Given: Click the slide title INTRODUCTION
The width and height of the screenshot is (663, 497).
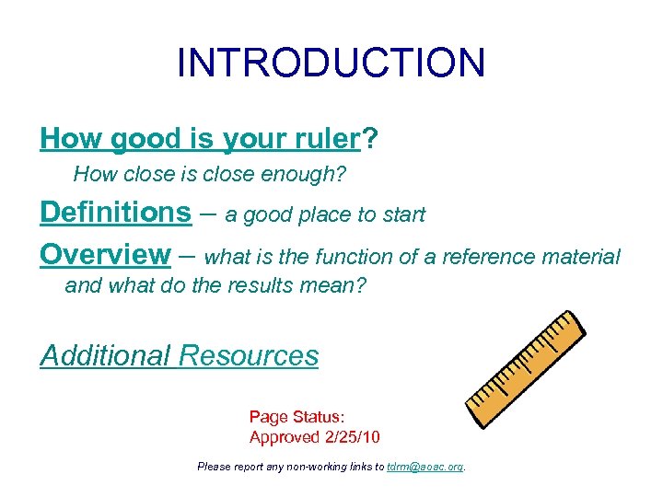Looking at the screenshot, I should point(331,63).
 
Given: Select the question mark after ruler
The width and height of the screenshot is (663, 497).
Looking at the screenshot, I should point(369,138).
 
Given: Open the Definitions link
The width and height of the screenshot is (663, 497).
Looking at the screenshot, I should point(115,212).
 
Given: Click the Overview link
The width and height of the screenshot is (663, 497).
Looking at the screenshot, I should point(105,254).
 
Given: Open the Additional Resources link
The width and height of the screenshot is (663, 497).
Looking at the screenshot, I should point(180,355).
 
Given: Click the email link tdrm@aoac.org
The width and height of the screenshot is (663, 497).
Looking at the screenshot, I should point(425,467).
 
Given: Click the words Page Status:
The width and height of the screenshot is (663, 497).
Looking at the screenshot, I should point(297,417).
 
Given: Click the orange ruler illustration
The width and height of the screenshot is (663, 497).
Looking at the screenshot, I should point(526,368).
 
